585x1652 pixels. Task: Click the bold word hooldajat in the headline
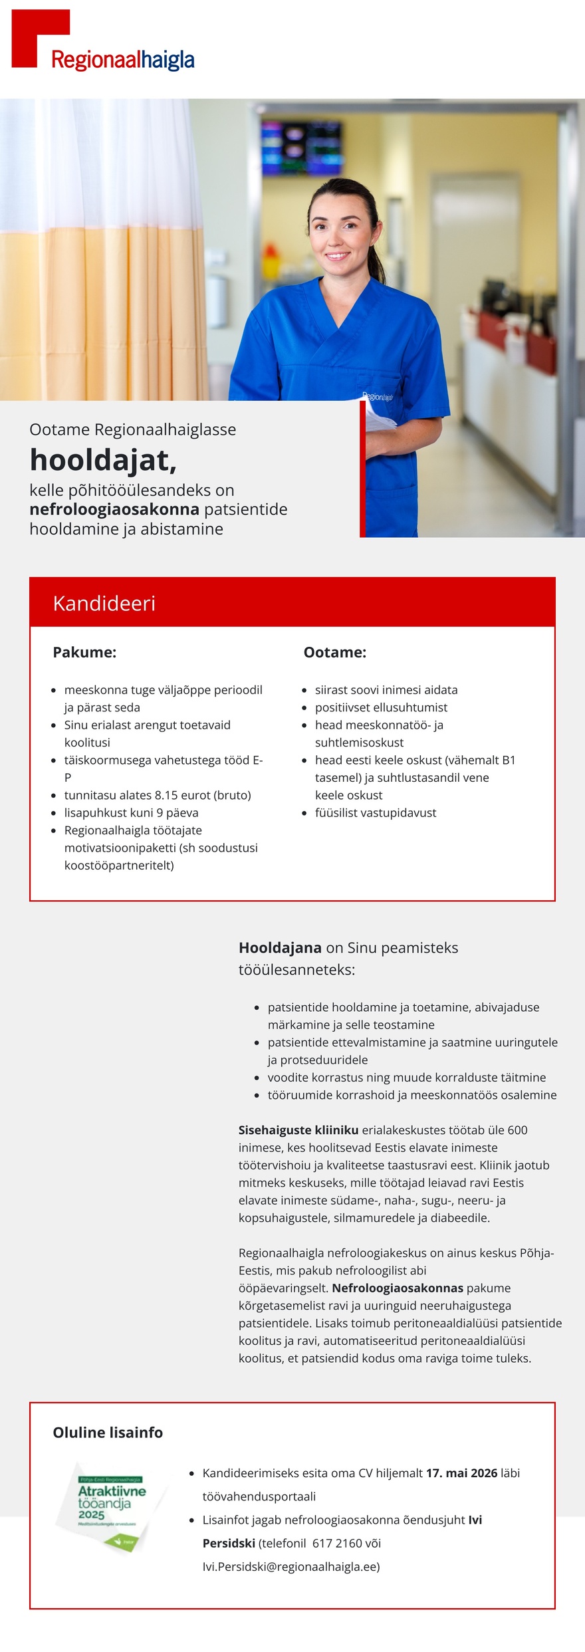(x=103, y=460)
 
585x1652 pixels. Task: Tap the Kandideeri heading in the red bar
(x=104, y=603)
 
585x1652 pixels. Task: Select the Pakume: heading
(x=84, y=652)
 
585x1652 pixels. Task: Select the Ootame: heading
(x=334, y=652)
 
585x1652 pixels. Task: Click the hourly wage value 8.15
(x=166, y=795)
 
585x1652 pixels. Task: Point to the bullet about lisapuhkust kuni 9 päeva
(x=131, y=812)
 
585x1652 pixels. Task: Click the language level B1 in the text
(x=509, y=760)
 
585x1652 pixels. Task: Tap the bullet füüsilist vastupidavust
(x=376, y=812)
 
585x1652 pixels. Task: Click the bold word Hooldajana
(x=280, y=947)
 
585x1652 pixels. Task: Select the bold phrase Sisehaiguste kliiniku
(x=298, y=1129)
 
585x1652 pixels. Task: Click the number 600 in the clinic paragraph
(x=517, y=1129)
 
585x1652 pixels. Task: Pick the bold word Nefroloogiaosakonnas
(x=398, y=1288)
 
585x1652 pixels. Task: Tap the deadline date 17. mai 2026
(x=461, y=1473)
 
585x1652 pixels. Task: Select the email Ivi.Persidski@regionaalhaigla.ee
(x=290, y=1566)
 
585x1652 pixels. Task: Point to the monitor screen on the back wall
(x=300, y=146)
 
